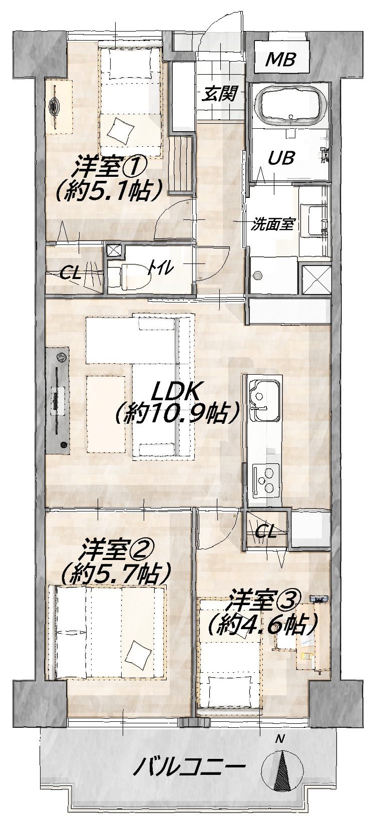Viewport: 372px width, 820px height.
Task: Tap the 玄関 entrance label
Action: [219, 95]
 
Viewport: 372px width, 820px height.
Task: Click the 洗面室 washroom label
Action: [272, 224]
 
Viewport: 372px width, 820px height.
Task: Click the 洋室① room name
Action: [110, 167]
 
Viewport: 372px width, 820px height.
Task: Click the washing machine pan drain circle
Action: [257, 276]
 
